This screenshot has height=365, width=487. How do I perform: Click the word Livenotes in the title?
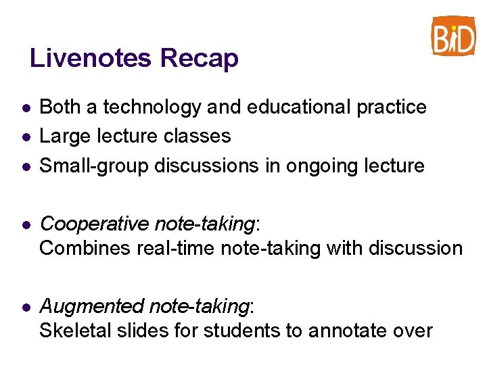click(x=91, y=58)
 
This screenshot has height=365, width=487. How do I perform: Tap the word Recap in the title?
click(x=199, y=59)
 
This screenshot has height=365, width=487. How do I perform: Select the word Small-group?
click(x=95, y=166)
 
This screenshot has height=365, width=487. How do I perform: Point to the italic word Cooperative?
click(x=94, y=224)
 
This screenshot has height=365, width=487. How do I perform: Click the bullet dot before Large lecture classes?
click(x=24, y=137)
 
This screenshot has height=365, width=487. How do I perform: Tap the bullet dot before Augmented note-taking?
click(x=24, y=307)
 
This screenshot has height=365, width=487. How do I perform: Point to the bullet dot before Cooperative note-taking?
click(x=24, y=224)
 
